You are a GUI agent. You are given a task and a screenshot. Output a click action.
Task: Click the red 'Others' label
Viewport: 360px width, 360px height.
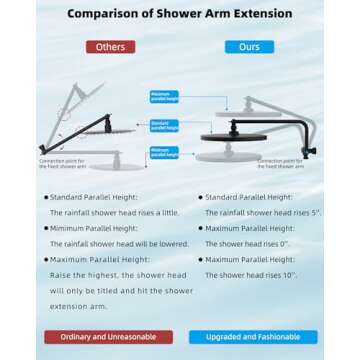[109, 47]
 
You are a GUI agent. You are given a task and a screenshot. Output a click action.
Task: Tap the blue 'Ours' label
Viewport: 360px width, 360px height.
[248, 47]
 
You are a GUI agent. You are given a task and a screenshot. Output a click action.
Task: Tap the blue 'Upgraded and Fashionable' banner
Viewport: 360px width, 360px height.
[251, 337]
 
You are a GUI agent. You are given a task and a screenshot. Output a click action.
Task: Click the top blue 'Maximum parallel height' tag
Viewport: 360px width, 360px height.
[165, 96]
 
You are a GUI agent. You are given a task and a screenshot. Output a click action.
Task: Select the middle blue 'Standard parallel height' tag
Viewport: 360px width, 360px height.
[165, 125]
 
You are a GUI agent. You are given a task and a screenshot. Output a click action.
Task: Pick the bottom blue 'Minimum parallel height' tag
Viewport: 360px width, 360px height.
[165, 153]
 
